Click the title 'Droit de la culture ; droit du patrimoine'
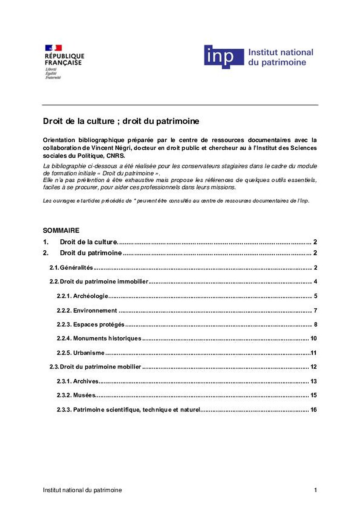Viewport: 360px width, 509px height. (121, 121)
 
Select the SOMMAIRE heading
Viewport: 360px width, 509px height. (61, 230)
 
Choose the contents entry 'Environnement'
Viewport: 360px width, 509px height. (95, 310)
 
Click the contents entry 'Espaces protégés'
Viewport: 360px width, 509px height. (98, 324)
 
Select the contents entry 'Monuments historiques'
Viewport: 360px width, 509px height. (107, 338)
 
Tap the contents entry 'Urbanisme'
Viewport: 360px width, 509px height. (89, 353)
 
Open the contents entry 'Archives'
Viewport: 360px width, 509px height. (86, 381)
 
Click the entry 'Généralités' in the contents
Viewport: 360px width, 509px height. (76, 268)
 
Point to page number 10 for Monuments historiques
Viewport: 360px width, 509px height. (314, 338)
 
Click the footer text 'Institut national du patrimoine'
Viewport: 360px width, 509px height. (82, 490)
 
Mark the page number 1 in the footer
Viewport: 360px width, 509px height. (315, 490)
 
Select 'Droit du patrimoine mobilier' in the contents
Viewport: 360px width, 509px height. (100, 367)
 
